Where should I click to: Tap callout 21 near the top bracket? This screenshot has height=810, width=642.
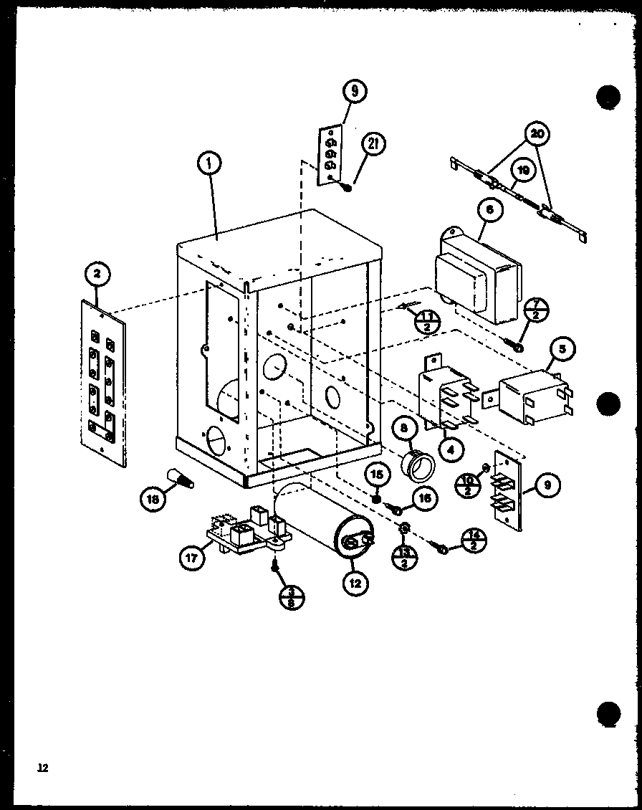point(373,143)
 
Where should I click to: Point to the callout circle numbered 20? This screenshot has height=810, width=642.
point(537,135)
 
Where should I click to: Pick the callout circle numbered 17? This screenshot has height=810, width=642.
point(190,555)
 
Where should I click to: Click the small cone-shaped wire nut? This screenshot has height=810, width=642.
point(183,477)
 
